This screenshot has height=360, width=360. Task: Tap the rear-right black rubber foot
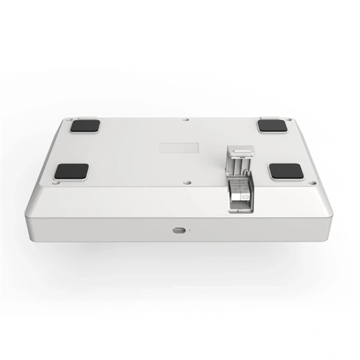pyautogui.click(x=274, y=126)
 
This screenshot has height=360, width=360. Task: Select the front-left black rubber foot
pyautogui.click(x=71, y=171)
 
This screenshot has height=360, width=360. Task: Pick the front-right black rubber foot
pyautogui.click(x=286, y=171)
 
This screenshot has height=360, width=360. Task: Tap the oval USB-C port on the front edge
pyautogui.click(x=178, y=230)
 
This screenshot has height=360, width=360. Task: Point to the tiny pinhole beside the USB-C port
pyautogui.click(x=190, y=230)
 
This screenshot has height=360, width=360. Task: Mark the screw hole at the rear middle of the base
pyautogui.click(x=186, y=119)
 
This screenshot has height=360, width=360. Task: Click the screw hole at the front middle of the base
pyautogui.click(x=187, y=179)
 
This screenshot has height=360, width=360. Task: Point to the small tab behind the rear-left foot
pyautogui.click(x=86, y=118)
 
